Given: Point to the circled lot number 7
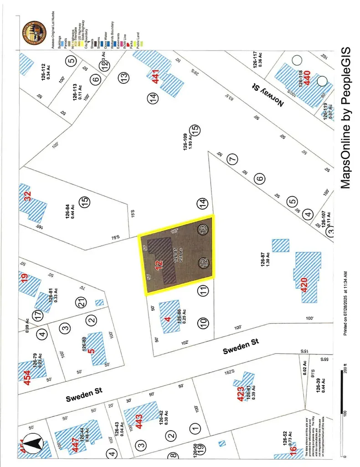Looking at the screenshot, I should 232,159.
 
